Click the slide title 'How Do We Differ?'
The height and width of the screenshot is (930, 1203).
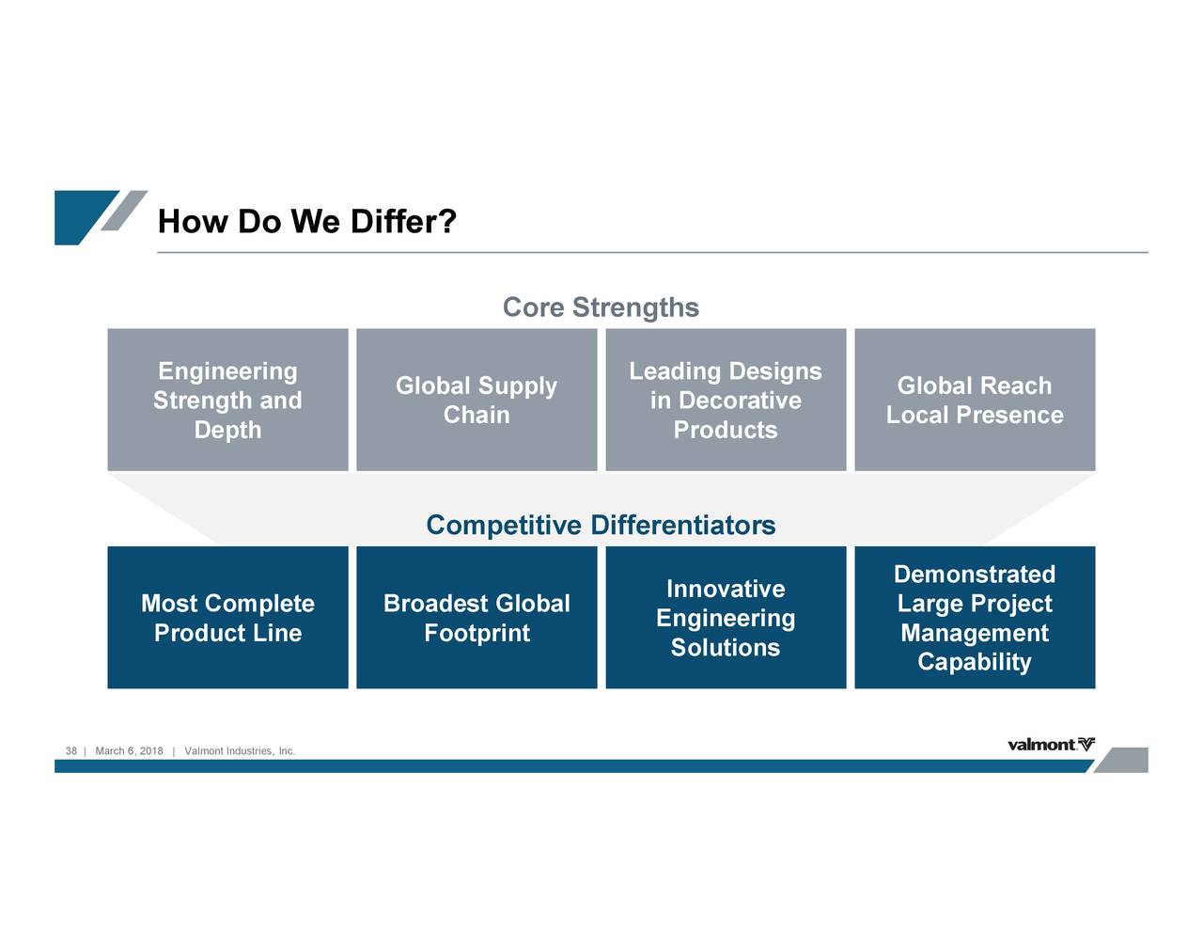click(306, 221)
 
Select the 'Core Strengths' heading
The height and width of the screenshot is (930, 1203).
click(601, 307)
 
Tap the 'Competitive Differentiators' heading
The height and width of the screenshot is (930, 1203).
click(601, 525)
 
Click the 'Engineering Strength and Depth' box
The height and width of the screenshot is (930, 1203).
click(227, 400)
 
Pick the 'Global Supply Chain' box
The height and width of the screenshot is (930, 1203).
click(477, 400)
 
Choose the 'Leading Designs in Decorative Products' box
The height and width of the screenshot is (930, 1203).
click(726, 400)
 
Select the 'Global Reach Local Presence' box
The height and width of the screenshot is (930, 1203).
click(975, 400)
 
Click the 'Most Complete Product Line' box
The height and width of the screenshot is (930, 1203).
click(227, 617)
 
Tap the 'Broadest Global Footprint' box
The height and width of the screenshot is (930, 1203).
click(477, 617)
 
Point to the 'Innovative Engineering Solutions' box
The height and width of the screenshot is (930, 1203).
click(726, 617)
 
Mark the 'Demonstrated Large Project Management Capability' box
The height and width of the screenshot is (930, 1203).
click(975, 617)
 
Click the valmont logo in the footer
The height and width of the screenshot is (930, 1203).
click(1051, 744)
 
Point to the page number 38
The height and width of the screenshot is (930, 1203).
click(70, 750)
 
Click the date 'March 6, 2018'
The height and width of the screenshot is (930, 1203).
click(129, 750)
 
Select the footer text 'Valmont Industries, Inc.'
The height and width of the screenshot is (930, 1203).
click(240, 750)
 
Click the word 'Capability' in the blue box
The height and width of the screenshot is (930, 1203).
click(975, 662)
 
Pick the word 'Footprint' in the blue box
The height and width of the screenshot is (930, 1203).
click(477, 633)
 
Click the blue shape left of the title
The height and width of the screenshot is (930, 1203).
click(84, 217)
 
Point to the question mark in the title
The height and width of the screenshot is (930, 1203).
click(448, 221)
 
